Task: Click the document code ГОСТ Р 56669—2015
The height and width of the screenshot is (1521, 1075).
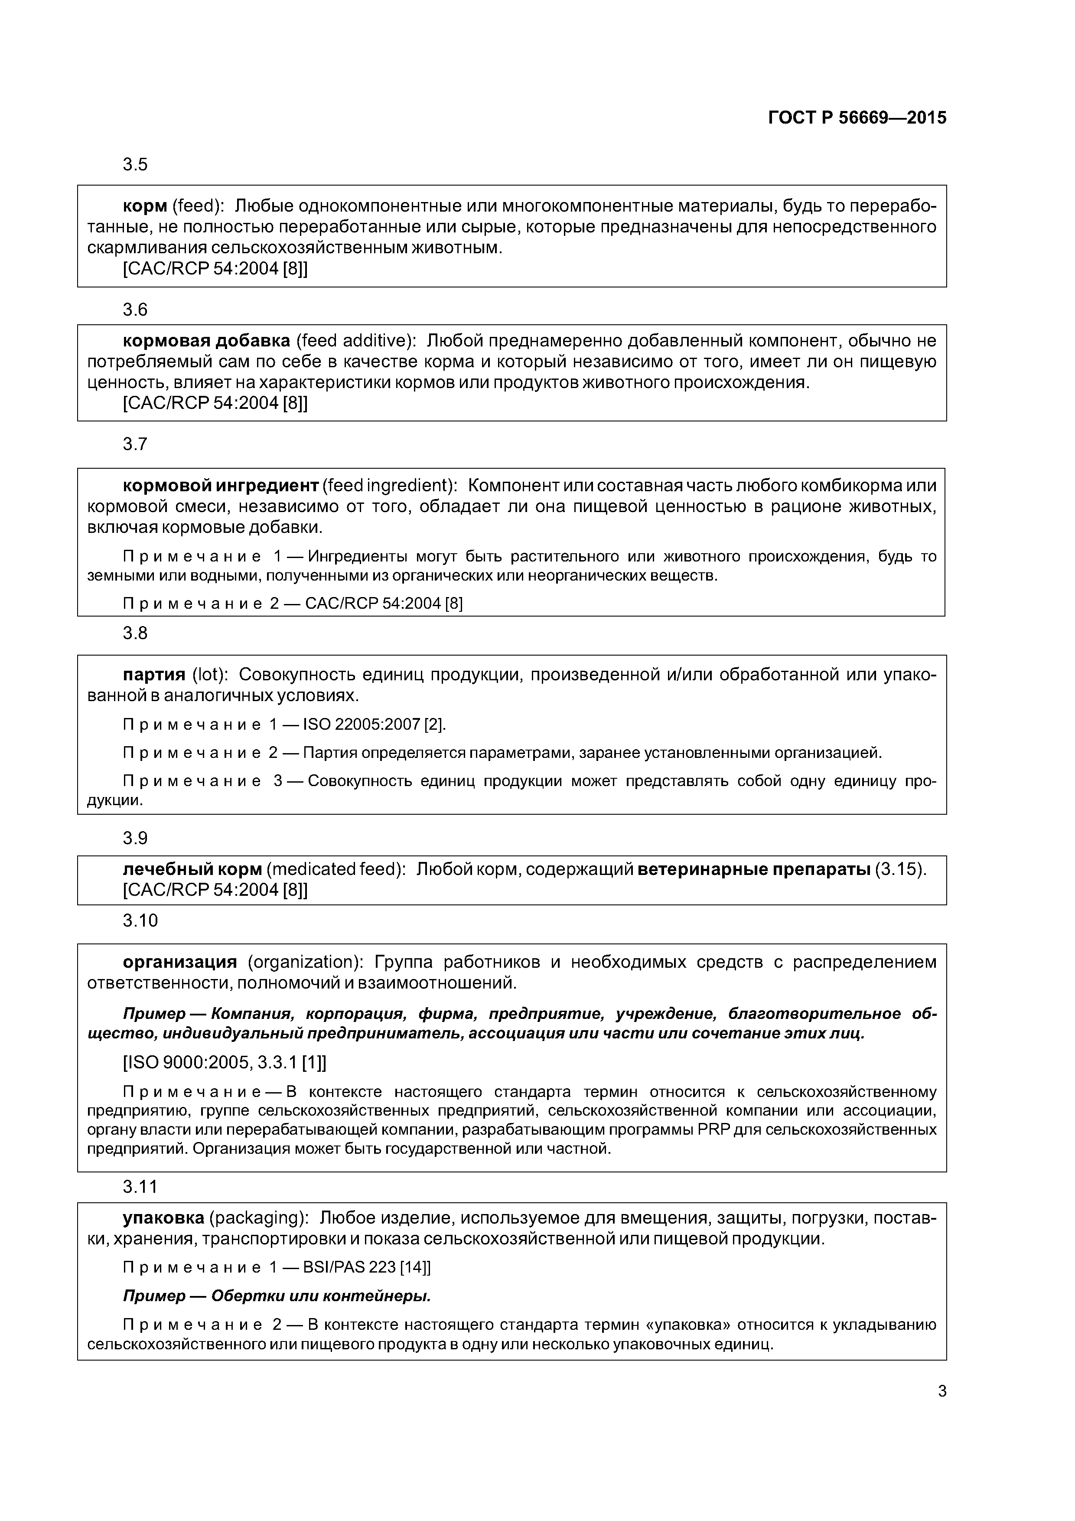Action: (x=857, y=118)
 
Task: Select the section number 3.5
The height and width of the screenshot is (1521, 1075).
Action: (x=135, y=164)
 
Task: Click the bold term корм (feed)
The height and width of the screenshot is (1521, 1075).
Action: (x=144, y=207)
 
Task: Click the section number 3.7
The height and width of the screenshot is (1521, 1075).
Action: (x=135, y=444)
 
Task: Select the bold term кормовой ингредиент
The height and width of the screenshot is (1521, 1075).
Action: (x=221, y=486)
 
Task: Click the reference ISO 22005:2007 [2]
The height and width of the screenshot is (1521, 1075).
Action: (x=374, y=724)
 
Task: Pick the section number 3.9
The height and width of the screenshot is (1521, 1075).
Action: (x=135, y=838)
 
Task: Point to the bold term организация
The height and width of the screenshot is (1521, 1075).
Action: (x=179, y=961)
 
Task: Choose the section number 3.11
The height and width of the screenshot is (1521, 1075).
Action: (x=140, y=1186)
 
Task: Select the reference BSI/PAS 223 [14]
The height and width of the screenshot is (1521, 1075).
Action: (x=366, y=1267)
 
